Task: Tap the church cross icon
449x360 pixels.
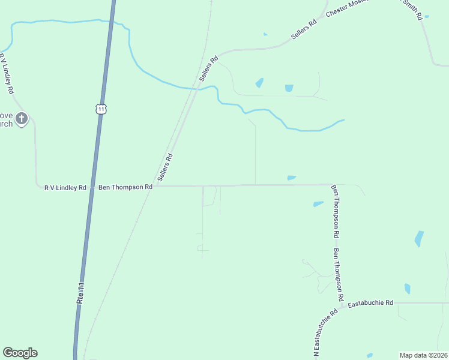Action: pyautogui.click(x=22, y=118)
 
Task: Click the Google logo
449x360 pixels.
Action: pyautogui.click(x=20, y=353)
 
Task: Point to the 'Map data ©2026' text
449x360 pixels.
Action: pyautogui.click(x=423, y=355)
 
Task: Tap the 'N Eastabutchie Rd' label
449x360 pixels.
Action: pyautogui.click(x=325, y=333)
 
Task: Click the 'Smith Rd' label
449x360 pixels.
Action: pyautogui.click(x=414, y=8)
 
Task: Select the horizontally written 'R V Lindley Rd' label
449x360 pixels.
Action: pyautogui.click(x=65, y=187)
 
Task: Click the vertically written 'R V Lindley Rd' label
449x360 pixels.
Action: pyautogui.click(x=7, y=74)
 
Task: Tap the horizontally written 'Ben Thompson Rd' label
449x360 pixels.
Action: pyautogui.click(x=125, y=187)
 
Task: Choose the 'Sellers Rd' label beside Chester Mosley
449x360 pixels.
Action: pyautogui.click(x=303, y=31)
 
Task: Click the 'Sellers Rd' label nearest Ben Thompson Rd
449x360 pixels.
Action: pyautogui.click(x=165, y=167)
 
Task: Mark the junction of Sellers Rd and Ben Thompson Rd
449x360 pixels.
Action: pyautogui.click(x=157, y=187)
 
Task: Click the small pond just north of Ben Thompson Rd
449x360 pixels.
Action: pyautogui.click(x=292, y=178)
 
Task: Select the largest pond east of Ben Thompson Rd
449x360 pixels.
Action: pyautogui.click(x=419, y=239)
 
